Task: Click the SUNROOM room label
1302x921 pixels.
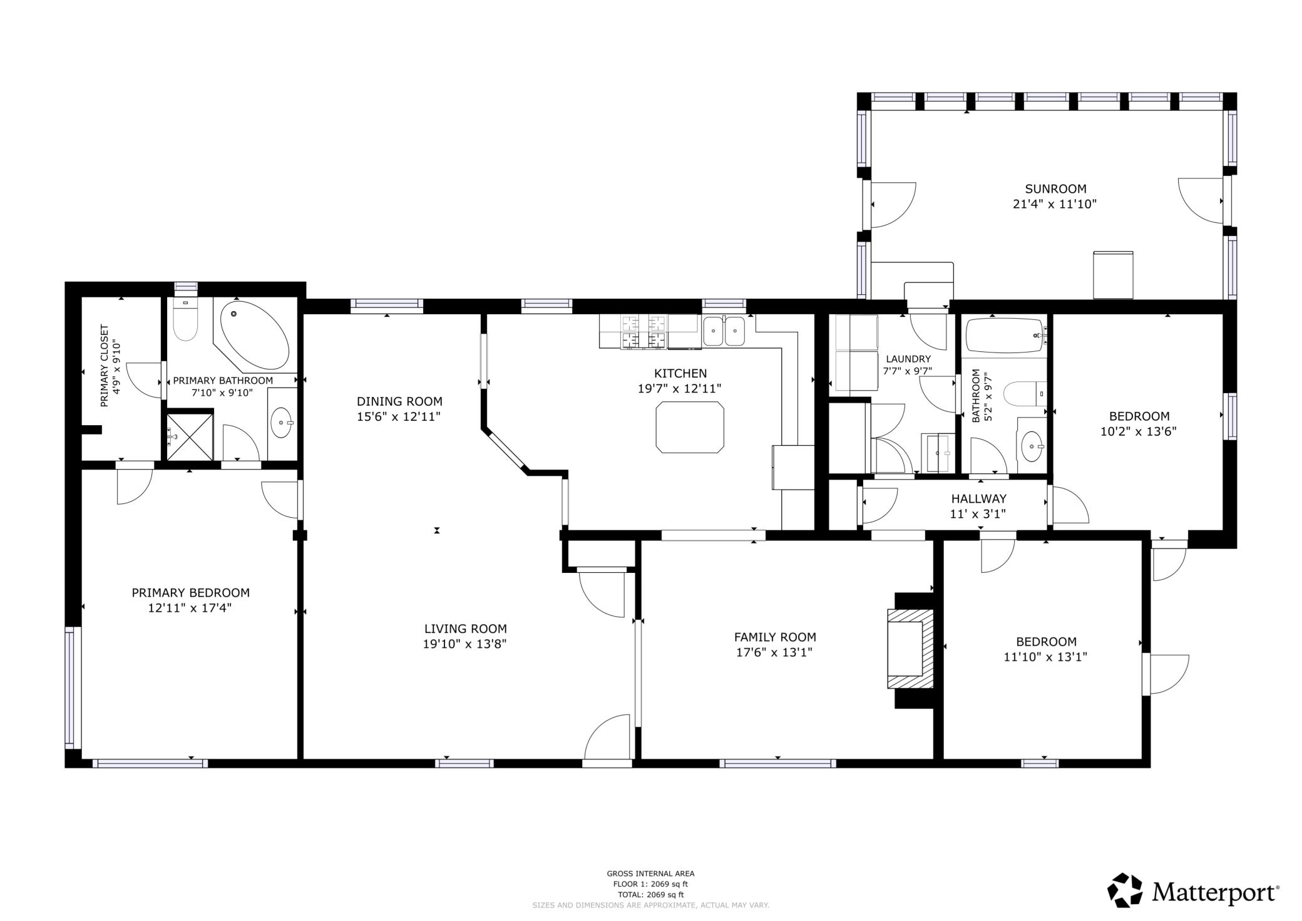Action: (x=1055, y=188)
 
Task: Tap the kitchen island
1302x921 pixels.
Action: (x=690, y=427)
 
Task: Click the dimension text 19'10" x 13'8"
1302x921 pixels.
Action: (x=464, y=644)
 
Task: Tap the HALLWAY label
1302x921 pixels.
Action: (x=979, y=498)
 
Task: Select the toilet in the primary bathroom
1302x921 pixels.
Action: (x=185, y=319)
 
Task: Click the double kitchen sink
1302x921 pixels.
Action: (x=724, y=331)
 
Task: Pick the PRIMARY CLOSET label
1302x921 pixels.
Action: (x=105, y=365)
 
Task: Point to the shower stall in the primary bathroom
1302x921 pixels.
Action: (x=190, y=436)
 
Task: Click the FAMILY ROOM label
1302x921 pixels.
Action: (x=775, y=637)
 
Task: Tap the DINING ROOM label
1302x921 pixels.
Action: (x=399, y=401)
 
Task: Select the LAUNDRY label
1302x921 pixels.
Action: (x=908, y=359)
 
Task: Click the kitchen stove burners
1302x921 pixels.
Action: (x=643, y=331)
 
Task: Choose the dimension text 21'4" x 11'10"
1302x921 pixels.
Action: (x=1055, y=203)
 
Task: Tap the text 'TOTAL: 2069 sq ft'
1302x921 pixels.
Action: (x=650, y=895)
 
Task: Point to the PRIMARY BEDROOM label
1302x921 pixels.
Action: (x=190, y=592)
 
